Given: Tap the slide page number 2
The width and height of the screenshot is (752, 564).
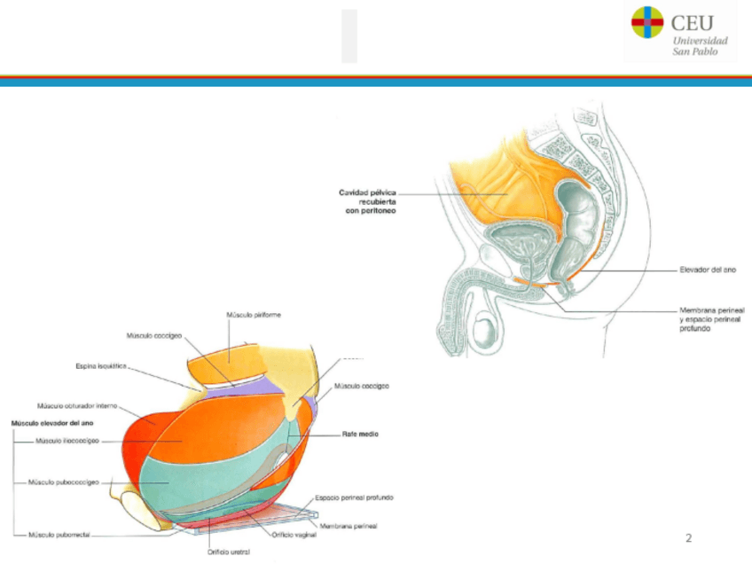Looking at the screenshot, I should [689, 538].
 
